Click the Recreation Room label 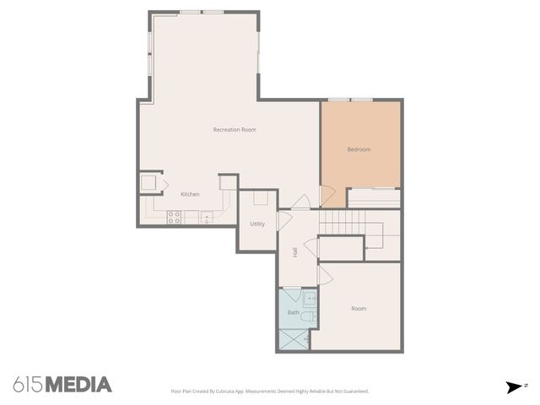pos(235,129)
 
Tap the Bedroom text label pos(359,149)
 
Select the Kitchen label pos(190,195)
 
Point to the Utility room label pos(257,224)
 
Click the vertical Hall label pos(294,252)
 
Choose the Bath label pos(293,312)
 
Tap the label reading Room pos(359,308)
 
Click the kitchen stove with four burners pos(174,217)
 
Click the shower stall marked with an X pos(293,338)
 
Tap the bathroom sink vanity pos(310,298)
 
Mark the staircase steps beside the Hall pos(343,223)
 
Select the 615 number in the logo pos(28,385)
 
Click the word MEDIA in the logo pos(78,385)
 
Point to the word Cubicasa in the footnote pos(223,391)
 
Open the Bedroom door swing pos(327,196)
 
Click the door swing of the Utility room pos(284,221)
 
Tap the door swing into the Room pos(325,275)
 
